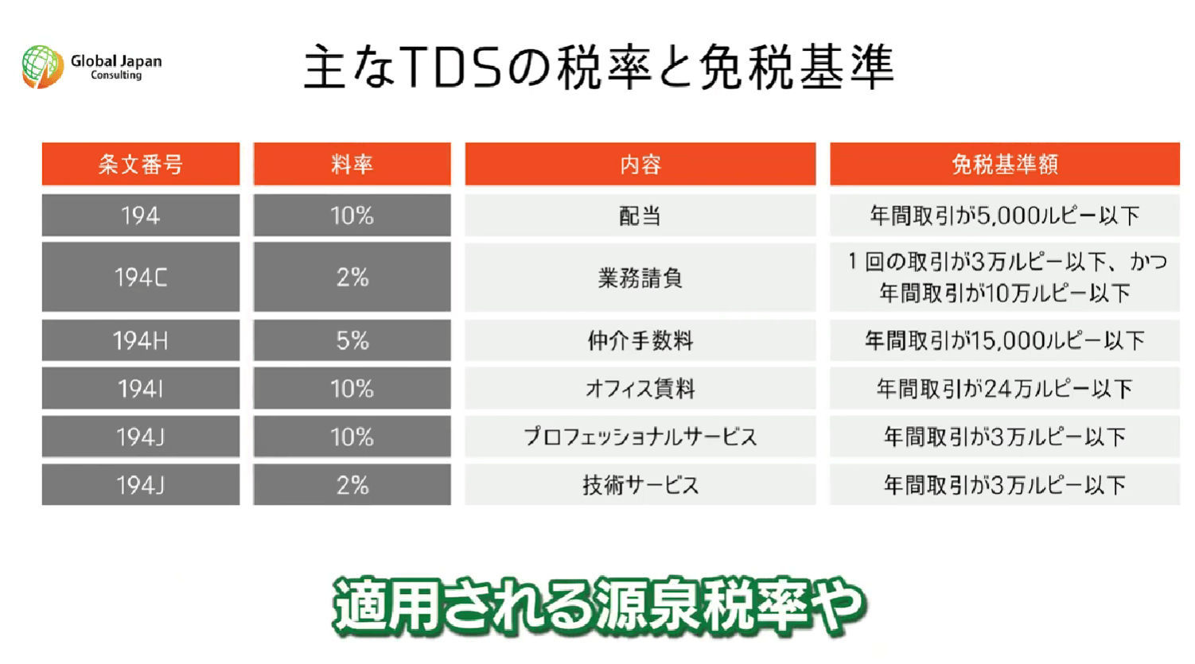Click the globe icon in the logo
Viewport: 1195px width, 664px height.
(42, 67)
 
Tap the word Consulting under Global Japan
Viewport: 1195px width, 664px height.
(116, 76)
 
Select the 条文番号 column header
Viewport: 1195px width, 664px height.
(141, 164)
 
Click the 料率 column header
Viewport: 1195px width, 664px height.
(352, 164)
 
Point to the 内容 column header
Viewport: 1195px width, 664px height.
(640, 164)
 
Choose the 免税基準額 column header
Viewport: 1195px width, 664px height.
(1005, 164)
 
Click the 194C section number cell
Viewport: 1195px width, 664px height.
(141, 277)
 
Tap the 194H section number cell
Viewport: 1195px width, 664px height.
(141, 340)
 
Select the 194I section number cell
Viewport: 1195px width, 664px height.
(141, 388)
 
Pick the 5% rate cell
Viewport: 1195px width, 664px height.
(352, 340)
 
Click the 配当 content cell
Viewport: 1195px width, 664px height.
(640, 216)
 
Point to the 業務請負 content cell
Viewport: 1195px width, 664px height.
(640, 277)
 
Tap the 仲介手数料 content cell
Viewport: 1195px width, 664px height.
(640, 340)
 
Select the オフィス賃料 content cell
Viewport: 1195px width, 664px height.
(640, 388)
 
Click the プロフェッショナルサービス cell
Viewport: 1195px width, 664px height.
(640, 437)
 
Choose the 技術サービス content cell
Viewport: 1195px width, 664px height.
(640, 485)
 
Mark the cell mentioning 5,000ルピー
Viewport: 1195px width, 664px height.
(1005, 216)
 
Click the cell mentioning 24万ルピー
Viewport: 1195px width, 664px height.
(1005, 388)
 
